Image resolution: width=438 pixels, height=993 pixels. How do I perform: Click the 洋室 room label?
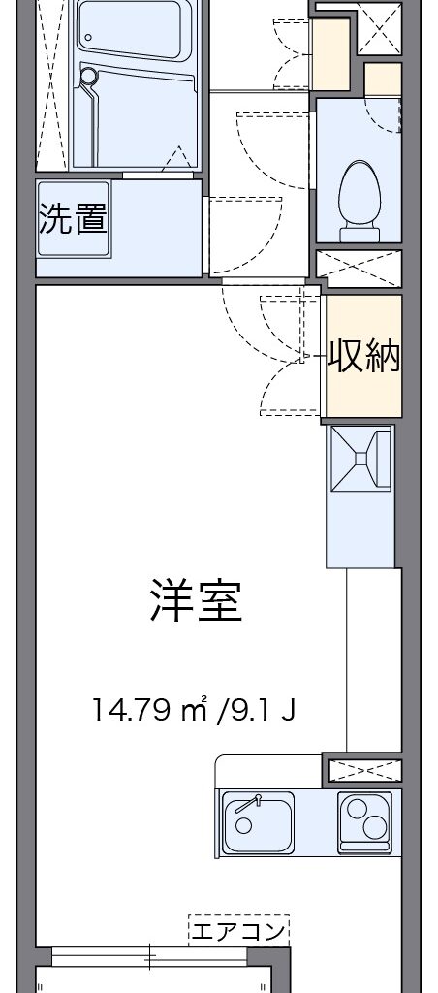click(196, 599)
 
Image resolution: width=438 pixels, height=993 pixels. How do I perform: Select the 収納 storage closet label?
click(363, 358)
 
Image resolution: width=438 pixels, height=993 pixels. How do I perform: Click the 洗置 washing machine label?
click(73, 218)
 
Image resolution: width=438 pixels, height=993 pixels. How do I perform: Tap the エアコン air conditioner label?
click(238, 932)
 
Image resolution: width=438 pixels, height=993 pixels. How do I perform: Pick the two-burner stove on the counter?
click(364, 822)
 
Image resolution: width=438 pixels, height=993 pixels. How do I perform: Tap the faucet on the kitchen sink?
click(249, 804)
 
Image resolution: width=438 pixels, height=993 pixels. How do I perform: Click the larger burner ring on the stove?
click(373, 827)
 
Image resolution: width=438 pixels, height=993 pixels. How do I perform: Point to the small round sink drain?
click(243, 825)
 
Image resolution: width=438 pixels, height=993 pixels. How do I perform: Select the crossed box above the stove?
click(366, 770)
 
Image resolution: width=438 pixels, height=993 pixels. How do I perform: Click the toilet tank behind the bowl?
click(360, 235)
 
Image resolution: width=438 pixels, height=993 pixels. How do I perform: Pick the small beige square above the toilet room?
click(383, 79)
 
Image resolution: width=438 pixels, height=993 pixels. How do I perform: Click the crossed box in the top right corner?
click(379, 28)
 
